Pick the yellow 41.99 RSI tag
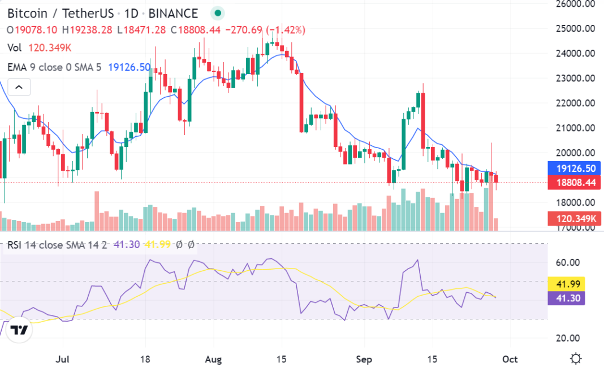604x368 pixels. (566, 284)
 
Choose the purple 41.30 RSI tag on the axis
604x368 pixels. (566, 298)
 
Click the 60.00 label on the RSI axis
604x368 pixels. (568, 262)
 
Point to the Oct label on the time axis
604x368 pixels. (510, 359)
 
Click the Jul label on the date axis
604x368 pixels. (63, 359)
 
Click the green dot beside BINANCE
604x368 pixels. (218, 13)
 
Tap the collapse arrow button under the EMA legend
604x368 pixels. (19, 87)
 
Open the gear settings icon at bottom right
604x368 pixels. (576, 358)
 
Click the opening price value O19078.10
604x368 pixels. (32, 29)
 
